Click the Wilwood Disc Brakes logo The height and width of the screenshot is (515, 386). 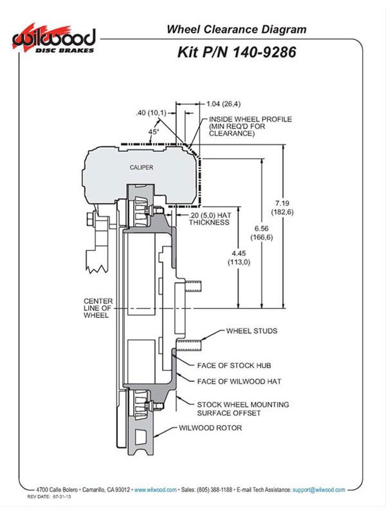pyautogui.click(x=54, y=39)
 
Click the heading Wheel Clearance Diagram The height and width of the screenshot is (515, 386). pyautogui.click(x=236, y=29)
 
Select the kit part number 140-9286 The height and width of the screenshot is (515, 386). pyautogui.click(x=264, y=52)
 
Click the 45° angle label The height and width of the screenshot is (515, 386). pyautogui.click(x=153, y=132)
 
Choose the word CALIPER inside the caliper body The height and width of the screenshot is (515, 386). pyautogui.click(x=142, y=167)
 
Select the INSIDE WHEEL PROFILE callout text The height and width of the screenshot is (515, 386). pyautogui.click(x=250, y=126)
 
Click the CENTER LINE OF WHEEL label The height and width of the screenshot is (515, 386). pyautogui.click(x=98, y=308)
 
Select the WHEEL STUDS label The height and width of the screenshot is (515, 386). pyautogui.click(x=252, y=331)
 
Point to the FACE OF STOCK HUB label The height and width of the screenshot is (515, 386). pyautogui.click(x=234, y=365)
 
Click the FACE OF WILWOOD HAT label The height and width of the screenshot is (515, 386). pyautogui.click(x=239, y=381)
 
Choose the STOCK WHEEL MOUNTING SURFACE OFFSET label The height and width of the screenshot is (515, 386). pyautogui.click(x=243, y=409)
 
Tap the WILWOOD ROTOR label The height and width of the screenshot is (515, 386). pyautogui.click(x=210, y=428)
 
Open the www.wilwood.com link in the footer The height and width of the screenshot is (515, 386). pyautogui.click(x=155, y=490)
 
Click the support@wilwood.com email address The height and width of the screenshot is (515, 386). pyautogui.click(x=318, y=490)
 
